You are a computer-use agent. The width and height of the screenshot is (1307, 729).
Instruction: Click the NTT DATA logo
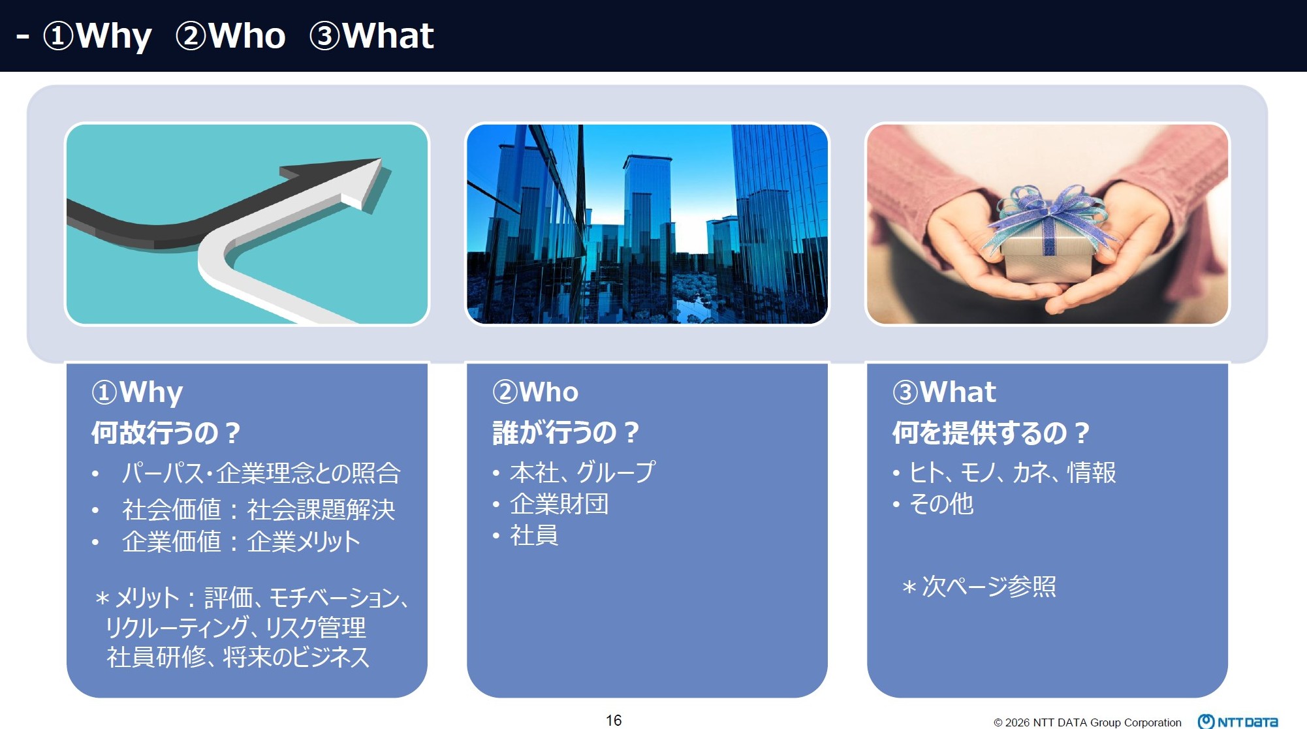point(1238,721)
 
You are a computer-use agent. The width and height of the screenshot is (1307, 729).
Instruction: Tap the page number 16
point(614,720)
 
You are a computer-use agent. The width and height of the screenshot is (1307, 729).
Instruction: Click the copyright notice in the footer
point(1088,722)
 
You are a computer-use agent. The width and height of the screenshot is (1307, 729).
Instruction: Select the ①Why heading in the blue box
point(138,392)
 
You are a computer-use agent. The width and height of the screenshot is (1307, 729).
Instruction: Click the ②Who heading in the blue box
point(535,392)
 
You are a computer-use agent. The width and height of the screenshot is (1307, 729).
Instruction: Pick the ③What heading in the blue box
point(944,392)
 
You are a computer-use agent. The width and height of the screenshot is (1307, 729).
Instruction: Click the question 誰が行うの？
point(566,432)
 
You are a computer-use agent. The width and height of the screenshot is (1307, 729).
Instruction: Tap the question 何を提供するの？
point(991,432)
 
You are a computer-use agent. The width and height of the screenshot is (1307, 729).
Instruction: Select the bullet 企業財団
point(559,504)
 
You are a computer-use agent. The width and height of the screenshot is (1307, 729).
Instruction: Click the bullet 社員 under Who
point(534,535)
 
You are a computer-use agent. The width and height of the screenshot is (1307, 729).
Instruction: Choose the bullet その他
point(941,504)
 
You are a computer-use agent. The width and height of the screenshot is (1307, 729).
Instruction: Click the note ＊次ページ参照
point(979,586)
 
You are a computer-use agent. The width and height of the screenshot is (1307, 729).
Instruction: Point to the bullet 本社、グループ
point(582,472)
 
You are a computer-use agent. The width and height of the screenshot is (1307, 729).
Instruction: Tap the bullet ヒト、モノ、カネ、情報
point(1013,472)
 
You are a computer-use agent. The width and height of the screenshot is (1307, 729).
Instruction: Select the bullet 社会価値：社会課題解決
point(259,510)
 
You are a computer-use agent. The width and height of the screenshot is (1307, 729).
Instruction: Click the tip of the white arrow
point(381,159)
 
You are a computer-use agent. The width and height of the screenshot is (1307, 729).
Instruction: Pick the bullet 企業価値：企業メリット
point(241,542)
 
